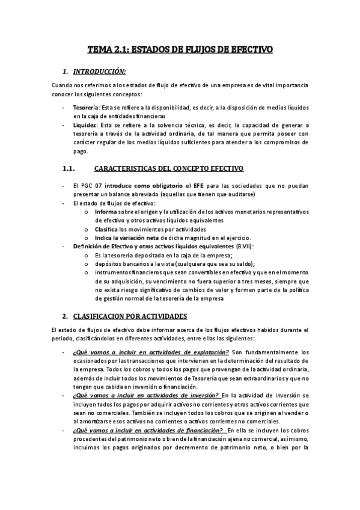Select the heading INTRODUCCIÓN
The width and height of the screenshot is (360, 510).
pyautogui.click(x=100, y=70)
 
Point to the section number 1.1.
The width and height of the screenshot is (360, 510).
pyautogui.click(x=67, y=168)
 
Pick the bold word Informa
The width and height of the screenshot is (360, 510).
pyautogui.click(x=106, y=212)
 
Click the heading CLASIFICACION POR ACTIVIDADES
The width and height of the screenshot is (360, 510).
pyautogui.click(x=130, y=316)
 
